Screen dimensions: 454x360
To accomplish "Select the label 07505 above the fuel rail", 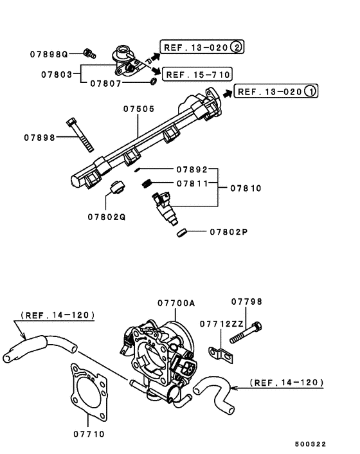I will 139,109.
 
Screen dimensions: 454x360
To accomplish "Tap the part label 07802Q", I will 107,216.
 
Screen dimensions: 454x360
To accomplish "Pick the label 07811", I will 193,183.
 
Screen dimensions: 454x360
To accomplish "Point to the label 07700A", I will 175,302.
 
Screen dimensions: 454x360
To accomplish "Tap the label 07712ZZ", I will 221,323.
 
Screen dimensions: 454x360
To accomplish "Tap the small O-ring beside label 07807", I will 152,82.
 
